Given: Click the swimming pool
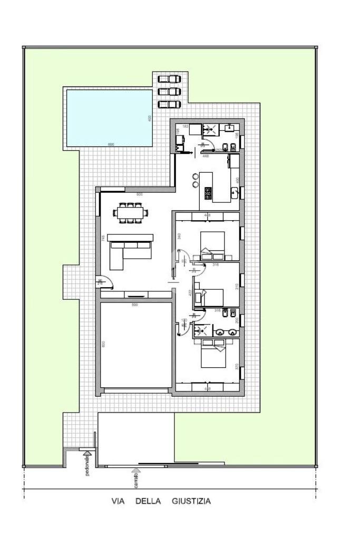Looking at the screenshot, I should coord(109,117).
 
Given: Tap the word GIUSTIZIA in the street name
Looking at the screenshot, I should coord(191,501).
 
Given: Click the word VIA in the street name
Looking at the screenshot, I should coord(118,501).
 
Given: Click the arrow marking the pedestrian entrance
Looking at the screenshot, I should coord(87,452).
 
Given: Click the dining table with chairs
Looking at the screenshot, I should coord(130,213).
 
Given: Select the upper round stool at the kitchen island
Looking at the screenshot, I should coord(196,177).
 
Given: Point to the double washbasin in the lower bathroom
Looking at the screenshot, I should coord(226,332).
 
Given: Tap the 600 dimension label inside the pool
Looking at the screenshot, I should coord(111,144).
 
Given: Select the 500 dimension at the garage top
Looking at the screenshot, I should coord(134,305).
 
